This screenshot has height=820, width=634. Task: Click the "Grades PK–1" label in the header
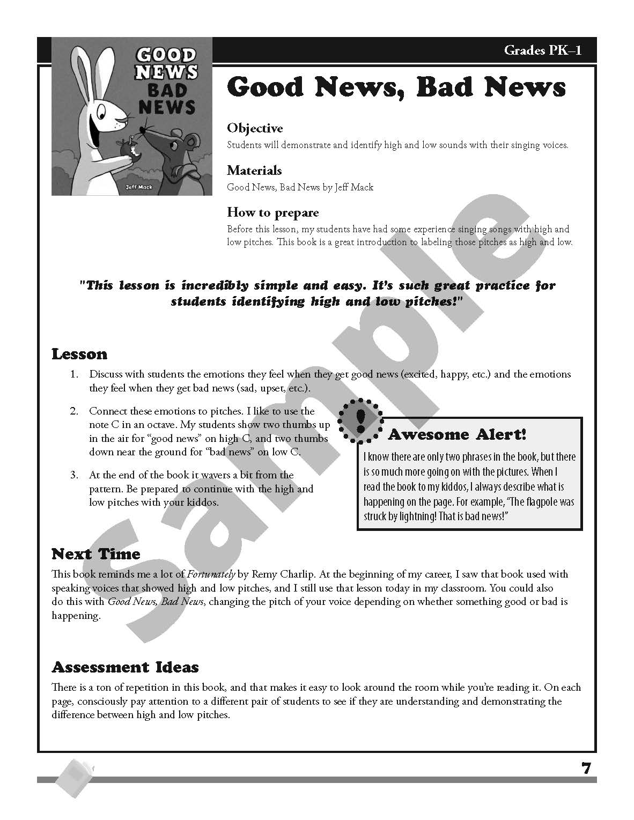click(x=542, y=51)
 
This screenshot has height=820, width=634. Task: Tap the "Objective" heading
click(x=255, y=128)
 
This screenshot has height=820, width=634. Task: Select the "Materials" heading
click(x=254, y=171)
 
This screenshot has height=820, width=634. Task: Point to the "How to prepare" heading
click(x=272, y=212)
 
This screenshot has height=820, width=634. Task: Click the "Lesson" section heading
click(x=79, y=354)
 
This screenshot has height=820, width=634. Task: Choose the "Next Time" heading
click(x=95, y=553)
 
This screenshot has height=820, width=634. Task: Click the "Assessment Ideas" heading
click(x=125, y=667)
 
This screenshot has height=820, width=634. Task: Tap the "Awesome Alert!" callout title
click(x=457, y=434)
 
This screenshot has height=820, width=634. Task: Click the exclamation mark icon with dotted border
click(x=360, y=421)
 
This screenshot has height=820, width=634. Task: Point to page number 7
click(x=586, y=768)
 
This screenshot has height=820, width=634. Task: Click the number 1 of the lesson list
click(x=74, y=374)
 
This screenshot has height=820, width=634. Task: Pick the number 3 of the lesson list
click(x=74, y=475)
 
